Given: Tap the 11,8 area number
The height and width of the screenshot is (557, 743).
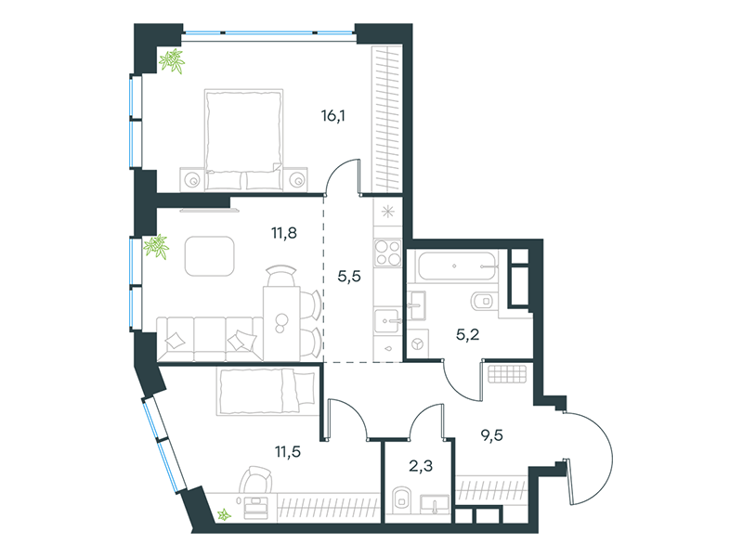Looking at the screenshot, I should [x=284, y=233].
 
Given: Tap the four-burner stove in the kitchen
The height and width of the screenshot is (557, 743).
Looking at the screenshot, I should [x=386, y=253].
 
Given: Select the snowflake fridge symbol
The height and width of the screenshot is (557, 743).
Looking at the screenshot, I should [x=386, y=210].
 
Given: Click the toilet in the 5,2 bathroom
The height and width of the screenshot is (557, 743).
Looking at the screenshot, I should [x=483, y=302].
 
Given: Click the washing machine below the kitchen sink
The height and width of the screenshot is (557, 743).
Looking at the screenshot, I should [x=419, y=343].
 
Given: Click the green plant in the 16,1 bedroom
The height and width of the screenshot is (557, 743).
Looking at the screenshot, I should [x=172, y=62].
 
